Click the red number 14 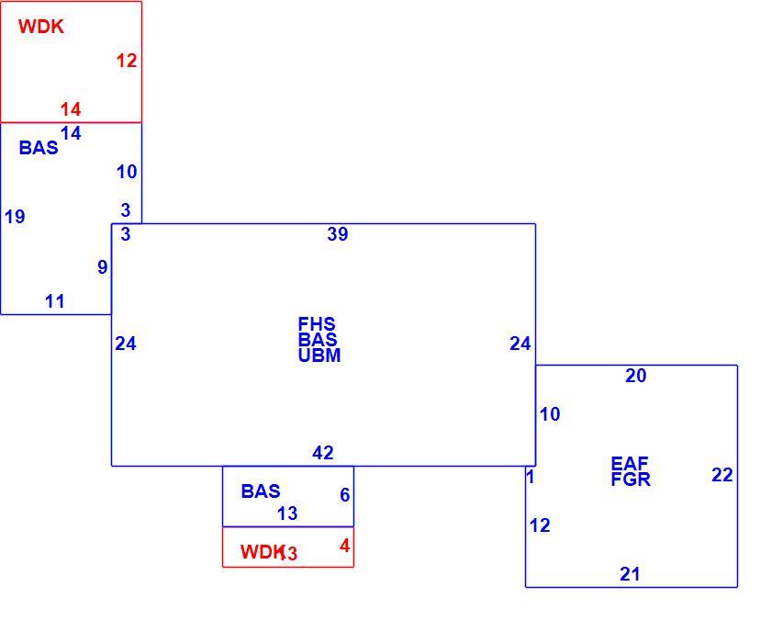click(x=71, y=109)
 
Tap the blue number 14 click(x=71, y=133)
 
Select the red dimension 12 click(x=127, y=61)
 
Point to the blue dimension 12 click(x=540, y=525)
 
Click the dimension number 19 click(x=15, y=216)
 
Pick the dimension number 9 click(x=103, y=267)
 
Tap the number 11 click(x=55, y=301)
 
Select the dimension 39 click(x=338, y=234)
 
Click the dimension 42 click(x=322, y=453)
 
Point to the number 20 click(x=636, y=375)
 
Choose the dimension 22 click(x=722, y=475)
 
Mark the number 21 click(x=630, y=574)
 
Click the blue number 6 click(x=344, y=494)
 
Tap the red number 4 click(x=344, y=546)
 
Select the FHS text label click(x=317, y=323)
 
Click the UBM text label click(x=319, y=355)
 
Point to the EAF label click(x=630, y=463)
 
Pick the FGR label click(x=631, y=480)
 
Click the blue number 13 click(x=287, y=513)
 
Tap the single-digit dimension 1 click(x=531, y=477)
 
